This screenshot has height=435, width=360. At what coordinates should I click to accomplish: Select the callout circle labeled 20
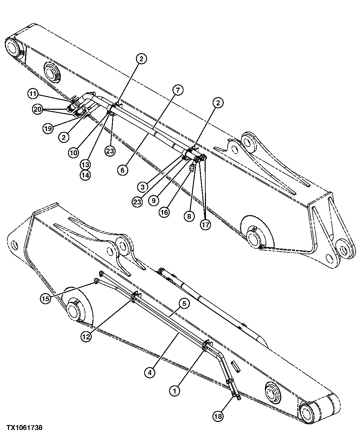pos(38,109)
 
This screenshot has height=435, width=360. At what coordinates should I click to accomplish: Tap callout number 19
pos(48,128)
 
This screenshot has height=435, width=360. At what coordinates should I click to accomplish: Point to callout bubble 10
pos(74,153)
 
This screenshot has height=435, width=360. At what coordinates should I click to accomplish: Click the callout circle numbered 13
pos(85,164)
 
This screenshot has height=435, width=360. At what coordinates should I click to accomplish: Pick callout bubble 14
pos(85,175)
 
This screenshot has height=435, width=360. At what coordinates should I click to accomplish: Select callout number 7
pos(178,90)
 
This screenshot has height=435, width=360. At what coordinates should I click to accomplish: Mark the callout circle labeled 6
pos(123,170)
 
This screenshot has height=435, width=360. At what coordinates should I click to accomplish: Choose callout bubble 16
pos(164,212)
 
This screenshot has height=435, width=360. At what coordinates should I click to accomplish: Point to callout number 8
pos(189,216)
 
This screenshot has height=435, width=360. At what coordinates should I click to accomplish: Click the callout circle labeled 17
pos(205,225)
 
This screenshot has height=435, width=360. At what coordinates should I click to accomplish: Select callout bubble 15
pos(46,298)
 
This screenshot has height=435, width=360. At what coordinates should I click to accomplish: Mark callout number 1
pos(174,390)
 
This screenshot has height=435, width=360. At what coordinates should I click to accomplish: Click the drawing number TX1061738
pos(21,428)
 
